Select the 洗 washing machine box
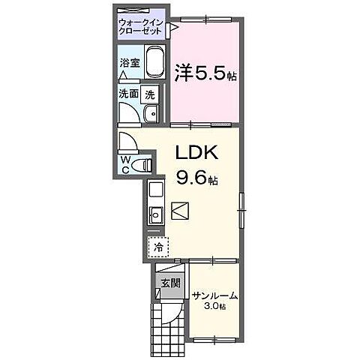tap(149, 95)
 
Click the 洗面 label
tap(127, 94)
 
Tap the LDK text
tap(196, 151)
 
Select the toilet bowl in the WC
tap(145, 163)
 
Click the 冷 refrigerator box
tap(158, 246)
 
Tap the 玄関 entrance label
tap(169, 283)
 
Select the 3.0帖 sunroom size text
tap(214, 307)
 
